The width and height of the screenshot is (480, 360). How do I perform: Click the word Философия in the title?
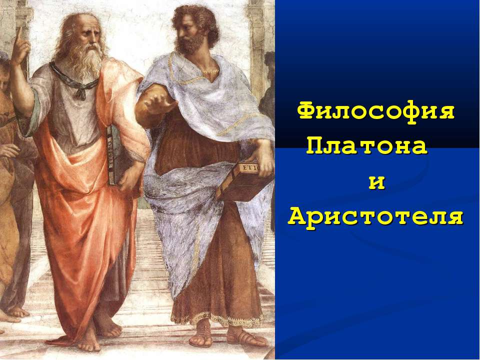click(x=376, y=110)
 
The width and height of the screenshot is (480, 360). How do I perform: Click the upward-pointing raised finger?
click(x=18, y=37)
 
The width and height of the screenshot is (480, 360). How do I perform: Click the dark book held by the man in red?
click(x=114, y=152)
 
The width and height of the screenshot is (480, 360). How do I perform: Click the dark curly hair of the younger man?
click(x=197, y=15)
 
